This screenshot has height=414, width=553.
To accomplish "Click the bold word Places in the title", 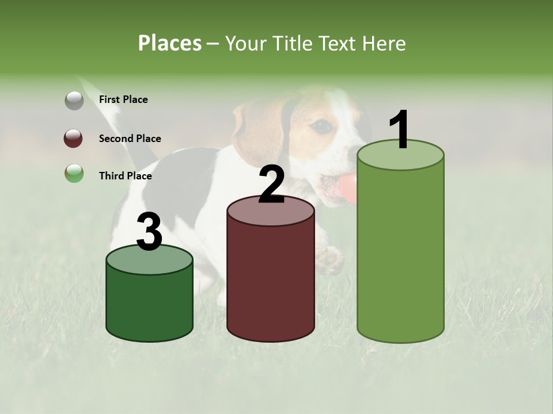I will click(x=170, y=43).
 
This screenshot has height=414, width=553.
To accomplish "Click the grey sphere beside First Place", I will click(x=74, y=100).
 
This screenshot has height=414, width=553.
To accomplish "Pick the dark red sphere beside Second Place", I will click(x=74, y=139).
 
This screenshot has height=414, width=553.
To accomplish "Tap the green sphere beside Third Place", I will click(x=74, y=173).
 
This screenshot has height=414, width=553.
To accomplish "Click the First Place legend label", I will click(x=123, y=99).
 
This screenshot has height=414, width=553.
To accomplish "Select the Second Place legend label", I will click(x=130, y=138).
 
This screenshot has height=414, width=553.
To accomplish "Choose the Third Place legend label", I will click(x=125, y=176).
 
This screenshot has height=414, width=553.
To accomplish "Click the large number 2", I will click(x=271, y=185).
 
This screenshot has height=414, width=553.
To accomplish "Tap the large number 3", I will click(x=149, y=232).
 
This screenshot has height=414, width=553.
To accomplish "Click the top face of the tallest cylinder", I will click(x=400, y=156).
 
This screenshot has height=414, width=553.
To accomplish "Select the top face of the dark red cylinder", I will click(x=271, y=211).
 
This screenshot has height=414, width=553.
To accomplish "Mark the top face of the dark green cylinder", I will click(x=149, y=259).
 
